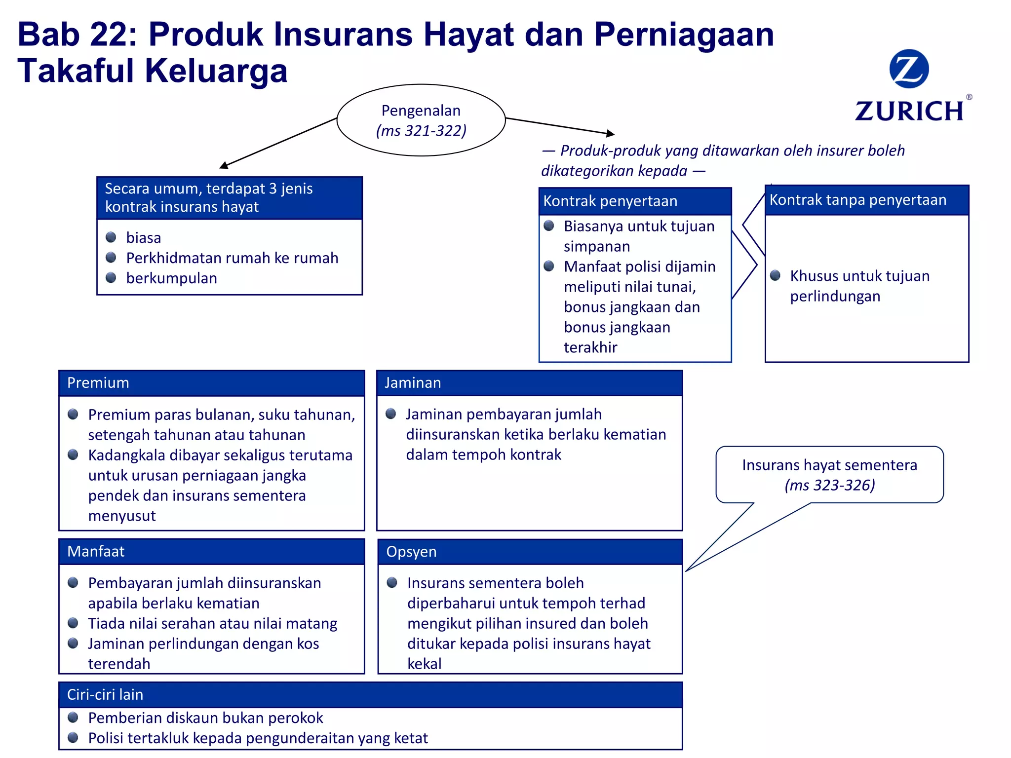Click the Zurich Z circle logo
tap(909, 69)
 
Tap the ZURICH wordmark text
tap(909, 111)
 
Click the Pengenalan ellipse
tap(421, 120)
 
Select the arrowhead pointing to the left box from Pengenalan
tap(224, 165)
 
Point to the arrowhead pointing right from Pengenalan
tap(611, 133)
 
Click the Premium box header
tap(212, 383)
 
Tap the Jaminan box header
tap(529, 383)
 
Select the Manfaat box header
tap(212, 551)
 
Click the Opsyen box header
tap(530, 552)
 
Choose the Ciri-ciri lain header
tap(370, 694)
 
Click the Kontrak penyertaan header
tap(635, 201)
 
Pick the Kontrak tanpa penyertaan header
tap(866, 200)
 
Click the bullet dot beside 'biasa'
tap(111, 237)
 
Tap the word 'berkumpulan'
tap(171, 278)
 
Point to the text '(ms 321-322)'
tap(421, 131)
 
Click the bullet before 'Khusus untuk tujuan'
tap(776, 275)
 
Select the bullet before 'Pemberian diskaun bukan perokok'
tap(73, 717)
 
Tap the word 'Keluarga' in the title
tap(216, 71)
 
